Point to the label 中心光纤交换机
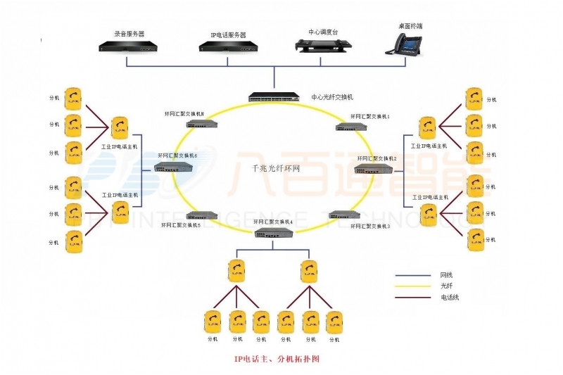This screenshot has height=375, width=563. pyautogui.click(x=332, y=97)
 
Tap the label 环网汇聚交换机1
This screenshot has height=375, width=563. pyautogui.click(x=370, y=116)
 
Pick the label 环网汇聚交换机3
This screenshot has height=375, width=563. pyautogui.click(x=370, y=227)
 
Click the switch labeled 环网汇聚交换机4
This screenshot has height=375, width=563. pyautogui.click(x=274, y=233)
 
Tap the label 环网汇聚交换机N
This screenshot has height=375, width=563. pyautogui.click(x=184, y=114)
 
